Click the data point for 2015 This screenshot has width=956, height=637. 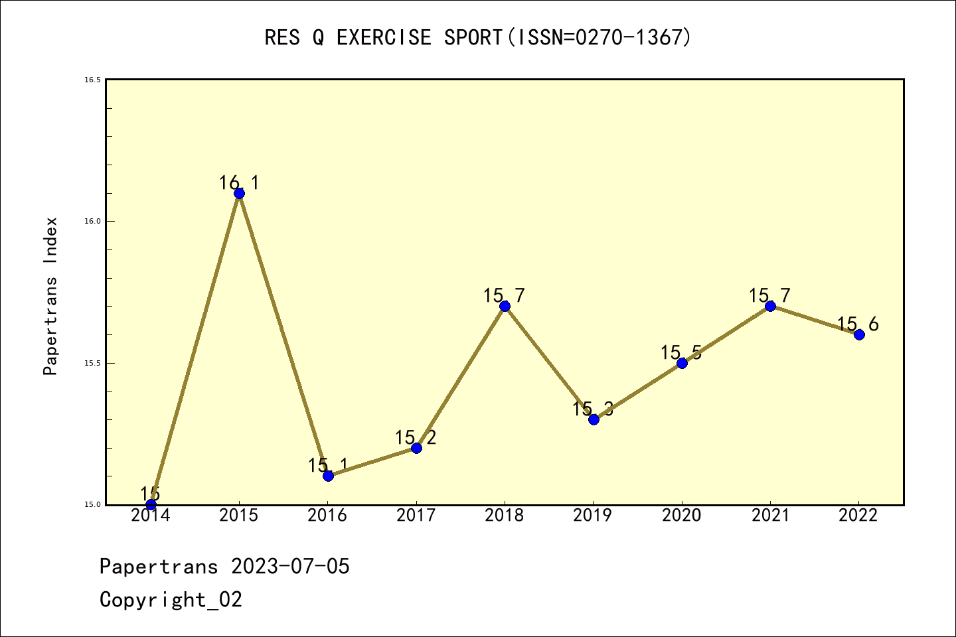pos(239,193)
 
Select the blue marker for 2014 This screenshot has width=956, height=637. pos(151,504)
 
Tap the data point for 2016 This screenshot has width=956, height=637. pos(328,476)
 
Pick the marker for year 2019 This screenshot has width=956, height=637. pos(594,419)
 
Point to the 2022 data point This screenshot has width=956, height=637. pos(859,334)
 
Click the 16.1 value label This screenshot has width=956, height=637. pos(239,183)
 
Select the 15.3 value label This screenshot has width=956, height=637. pos(593,409)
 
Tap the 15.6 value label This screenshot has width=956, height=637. pos(858,324)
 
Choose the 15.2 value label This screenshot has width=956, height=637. pos(416,437)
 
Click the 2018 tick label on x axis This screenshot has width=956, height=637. pos(505,516)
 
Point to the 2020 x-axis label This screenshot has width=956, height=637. pos(682,516)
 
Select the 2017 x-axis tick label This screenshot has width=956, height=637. pos(416,516)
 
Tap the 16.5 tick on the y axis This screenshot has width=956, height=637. pos(92,80)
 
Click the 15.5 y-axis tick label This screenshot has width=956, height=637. pos(92,363)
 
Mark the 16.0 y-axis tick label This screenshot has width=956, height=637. pos(92,221)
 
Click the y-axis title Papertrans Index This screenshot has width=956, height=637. pos(51,296)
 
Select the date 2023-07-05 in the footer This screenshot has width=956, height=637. pos(290,567)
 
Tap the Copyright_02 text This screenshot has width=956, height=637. pos(171,600)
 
